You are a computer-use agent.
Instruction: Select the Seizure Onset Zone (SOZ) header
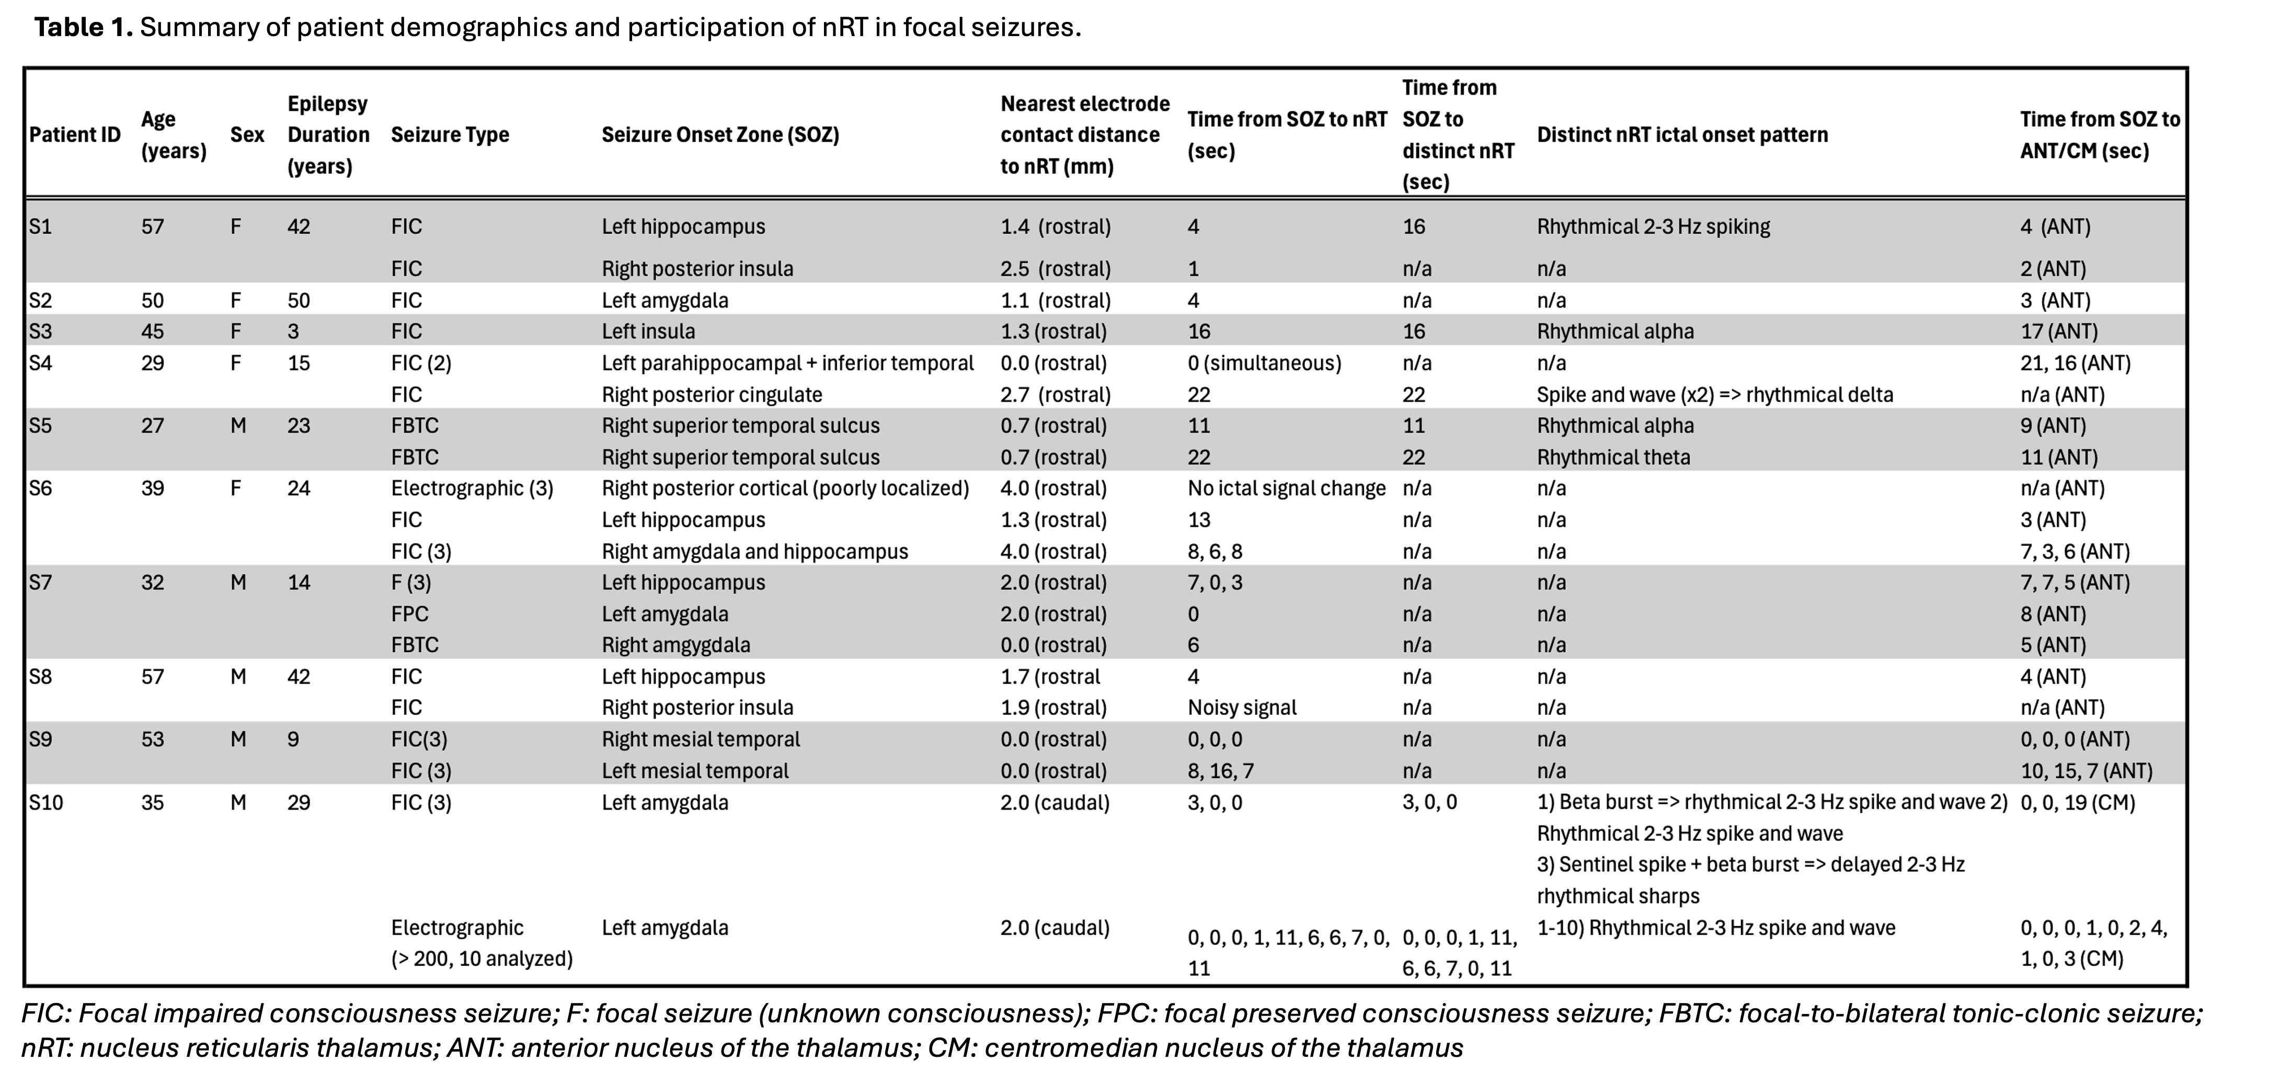(x=720, y=134)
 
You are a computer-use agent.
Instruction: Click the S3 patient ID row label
(x=41, y=331)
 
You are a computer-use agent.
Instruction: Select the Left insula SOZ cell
(x=648, y=331)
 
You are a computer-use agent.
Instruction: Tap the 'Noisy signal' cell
(x=1242, y=708)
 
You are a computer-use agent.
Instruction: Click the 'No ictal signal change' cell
(x=1286, y=488)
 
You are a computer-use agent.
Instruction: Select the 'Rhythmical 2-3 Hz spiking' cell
(x=1653, y=227)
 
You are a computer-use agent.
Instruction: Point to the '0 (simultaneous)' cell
(x=1264, y=363)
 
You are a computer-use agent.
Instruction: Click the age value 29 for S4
(x=152, y=363)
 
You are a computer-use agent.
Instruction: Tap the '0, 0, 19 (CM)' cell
(x=2077, y=802)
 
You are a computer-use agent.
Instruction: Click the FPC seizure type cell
(x=410, y=614)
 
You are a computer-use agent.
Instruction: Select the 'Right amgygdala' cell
(x=675, y=645)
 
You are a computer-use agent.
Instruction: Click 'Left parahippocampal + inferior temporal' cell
(x=787, y=363)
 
